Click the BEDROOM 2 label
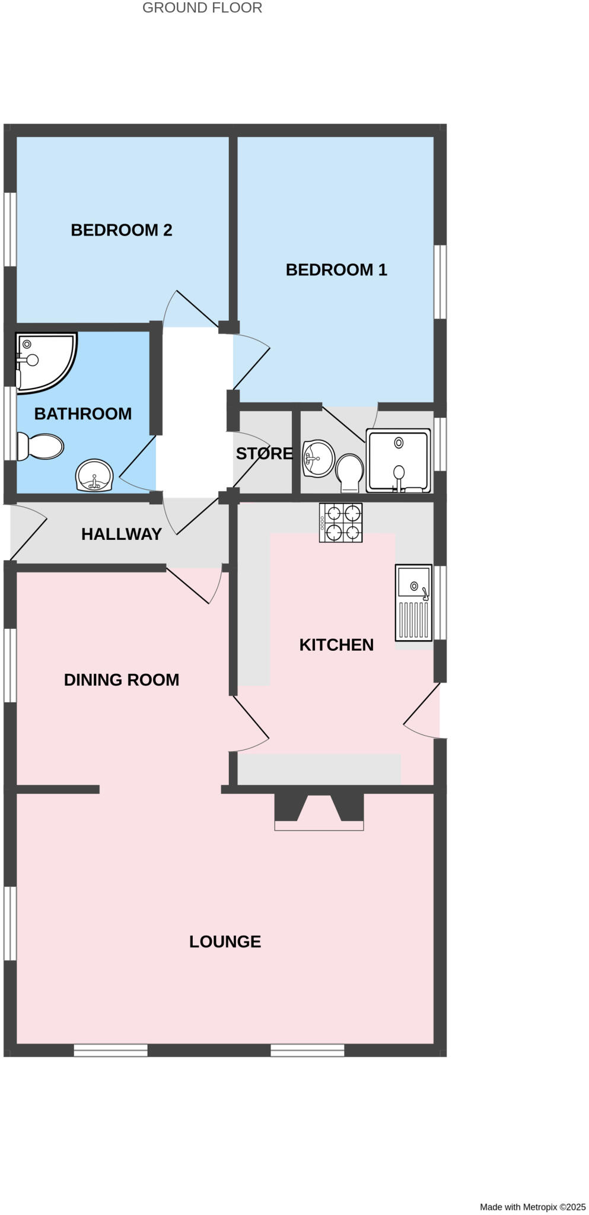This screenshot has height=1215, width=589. click(x=121, y=230)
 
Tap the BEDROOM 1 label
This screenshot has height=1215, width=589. click(x=336, y=270)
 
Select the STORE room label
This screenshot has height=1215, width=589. click(x=264, y=454)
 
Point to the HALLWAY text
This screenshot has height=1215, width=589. click(x=121, y=535)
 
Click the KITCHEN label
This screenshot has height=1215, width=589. click(x=336, y=645)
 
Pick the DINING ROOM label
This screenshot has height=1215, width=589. click(x=121, y=680)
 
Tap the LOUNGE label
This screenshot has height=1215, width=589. click(x=225, y=942)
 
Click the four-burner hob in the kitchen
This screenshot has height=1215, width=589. click(x=340, y=523)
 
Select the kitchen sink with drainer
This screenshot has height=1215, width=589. click(x=413, y=603)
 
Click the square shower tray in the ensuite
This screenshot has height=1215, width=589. click(x=398, y=460)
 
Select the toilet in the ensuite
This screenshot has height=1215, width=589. click(x=350, y=473)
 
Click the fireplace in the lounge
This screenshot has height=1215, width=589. click(x=319, y=811)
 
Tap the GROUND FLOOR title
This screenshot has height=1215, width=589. click(x=202, y=8)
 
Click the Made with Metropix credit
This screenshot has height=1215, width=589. click(x=532, y=1207)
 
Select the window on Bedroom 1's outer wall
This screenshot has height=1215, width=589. click(x=440, y=282)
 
